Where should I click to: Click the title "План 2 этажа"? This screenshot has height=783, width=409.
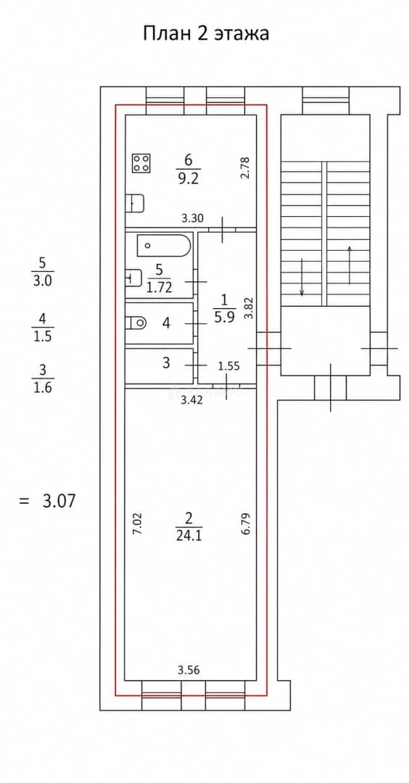(x=206, y=33)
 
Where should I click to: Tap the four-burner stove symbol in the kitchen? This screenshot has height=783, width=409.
(x=142, y=163)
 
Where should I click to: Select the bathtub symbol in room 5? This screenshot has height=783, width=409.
(x=164, y=245)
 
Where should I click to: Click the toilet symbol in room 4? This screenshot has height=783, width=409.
(x=136, y=323)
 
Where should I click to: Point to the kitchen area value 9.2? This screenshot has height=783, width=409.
(x=189, y=178)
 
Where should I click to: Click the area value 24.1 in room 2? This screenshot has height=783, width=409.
(x=189, y=536)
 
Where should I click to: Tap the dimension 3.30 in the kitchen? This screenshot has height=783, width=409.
(x=192, y=218)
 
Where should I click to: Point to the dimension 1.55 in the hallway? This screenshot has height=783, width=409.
(x=228, y=366)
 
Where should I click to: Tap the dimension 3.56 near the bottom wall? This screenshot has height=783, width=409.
(x=189, y=671)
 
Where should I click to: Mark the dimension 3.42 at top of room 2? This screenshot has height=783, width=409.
(x=191, y=399)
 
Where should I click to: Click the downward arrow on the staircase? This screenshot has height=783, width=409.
(x=302, y=277)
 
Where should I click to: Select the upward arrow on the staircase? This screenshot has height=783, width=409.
(x=350, y=265)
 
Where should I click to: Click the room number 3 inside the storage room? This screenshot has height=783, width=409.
(x=166, y=363)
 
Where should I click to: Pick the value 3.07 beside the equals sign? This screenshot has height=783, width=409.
(x=59, y=500)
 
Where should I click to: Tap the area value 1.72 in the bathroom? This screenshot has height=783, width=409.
(x=160, y=288)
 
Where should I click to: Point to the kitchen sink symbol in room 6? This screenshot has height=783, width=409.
(x=136, y=203)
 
